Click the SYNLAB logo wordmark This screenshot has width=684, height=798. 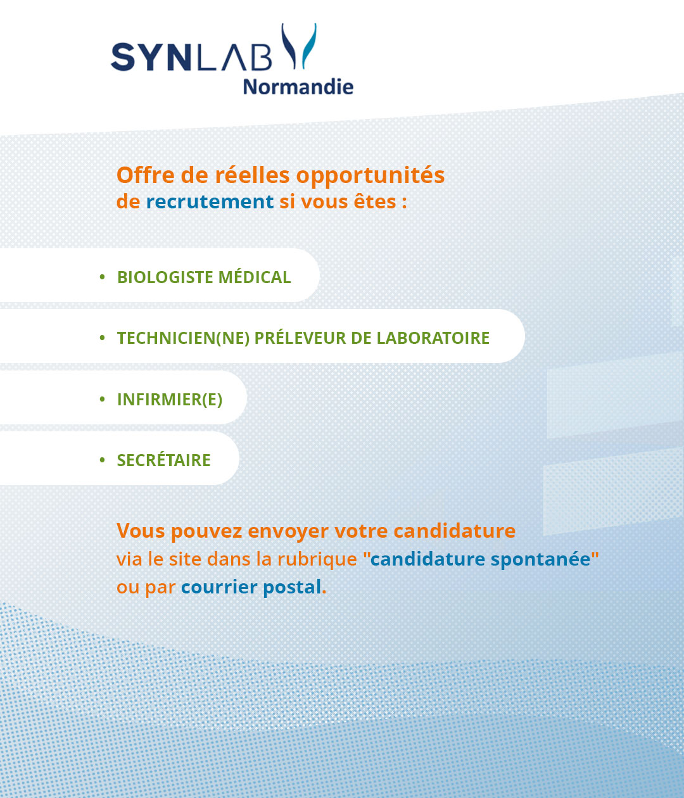tap(191, 57)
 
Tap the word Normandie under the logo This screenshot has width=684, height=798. tap(298, 87)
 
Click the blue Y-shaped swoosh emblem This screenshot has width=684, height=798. tap(299, 46)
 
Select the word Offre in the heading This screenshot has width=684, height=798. tap(146, 175)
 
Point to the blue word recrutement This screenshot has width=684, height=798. tap(210, 201)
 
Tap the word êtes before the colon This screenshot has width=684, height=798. tap(375, 201)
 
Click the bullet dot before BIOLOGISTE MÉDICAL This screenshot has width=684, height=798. tap(103, 277)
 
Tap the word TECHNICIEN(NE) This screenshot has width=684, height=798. tap(184, 338)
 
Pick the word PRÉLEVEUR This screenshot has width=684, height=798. tap(300, 338)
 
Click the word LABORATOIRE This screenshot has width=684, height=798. tap(433, 338)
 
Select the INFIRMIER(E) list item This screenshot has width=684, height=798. tap(170, 400)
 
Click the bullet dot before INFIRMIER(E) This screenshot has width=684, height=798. tap(103, 399)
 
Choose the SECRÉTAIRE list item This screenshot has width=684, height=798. tap(164, 459)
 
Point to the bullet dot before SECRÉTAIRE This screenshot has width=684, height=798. tap(103, 460)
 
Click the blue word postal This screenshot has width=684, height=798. tap(292, 587)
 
